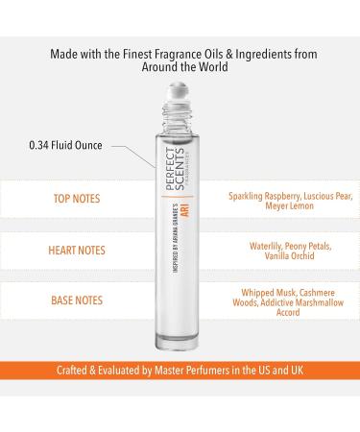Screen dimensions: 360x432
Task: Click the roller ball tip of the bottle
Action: (179, 91)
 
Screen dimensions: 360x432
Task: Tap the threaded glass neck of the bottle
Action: (178, 117)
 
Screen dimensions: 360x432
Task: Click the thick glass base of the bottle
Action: (177, 342)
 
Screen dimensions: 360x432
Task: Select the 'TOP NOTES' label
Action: (77, 199)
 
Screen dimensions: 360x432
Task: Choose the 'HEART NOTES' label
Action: (77, 251)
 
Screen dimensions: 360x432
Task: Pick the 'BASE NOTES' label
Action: (77, 300)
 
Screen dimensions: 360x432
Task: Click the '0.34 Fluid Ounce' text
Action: (65, 145)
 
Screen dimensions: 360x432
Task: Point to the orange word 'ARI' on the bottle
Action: (186, 209)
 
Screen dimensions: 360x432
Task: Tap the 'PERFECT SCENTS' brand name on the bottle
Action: (176, 169)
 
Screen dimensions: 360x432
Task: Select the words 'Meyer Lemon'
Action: (289, 205)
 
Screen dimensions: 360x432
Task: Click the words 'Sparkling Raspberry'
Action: (264, 196)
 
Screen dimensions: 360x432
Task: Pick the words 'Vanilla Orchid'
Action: (289, 256)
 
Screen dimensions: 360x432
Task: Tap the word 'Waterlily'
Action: (266, 247)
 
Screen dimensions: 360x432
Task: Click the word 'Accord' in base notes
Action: (288, 313)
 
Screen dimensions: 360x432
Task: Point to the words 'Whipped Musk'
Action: (269, 293)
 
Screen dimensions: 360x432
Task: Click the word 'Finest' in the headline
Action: (137, 54)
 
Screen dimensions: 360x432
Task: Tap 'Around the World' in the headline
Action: (184, 67)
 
